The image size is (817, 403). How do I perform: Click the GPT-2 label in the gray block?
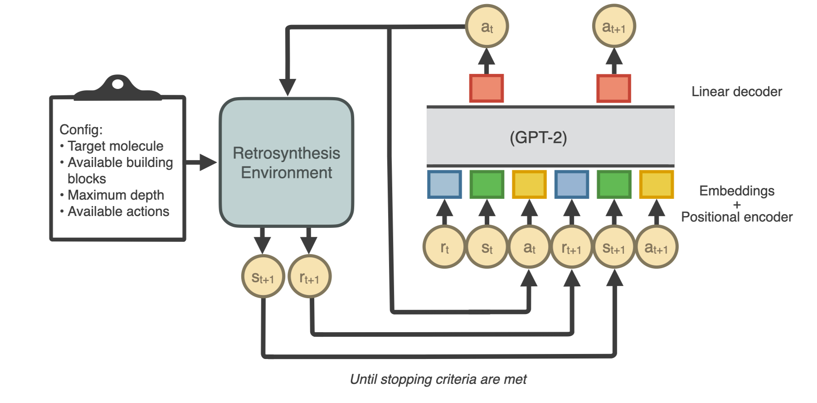click(538, 137)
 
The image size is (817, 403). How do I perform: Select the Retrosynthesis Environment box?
click(286, 162)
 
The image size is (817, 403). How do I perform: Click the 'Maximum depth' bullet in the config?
click(116, 195)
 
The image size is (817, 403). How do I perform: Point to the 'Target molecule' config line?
click(115, 146)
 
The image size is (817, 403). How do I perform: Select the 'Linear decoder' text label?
click(736, 92)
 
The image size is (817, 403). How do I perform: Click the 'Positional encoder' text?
click(736, 217)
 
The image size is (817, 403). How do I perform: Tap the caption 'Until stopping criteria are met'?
click(438, 379)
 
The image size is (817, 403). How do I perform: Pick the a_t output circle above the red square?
click(487, 27)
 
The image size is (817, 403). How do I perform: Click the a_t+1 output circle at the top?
click(614, 27)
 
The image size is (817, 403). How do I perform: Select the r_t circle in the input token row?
click(444, 247)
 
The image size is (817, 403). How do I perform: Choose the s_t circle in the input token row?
click(487, 247)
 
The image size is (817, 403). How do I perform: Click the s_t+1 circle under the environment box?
click(263, 277)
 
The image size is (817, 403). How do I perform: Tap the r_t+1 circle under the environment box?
click(309, 277)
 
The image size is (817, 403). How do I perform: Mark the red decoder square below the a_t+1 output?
click(613, 88)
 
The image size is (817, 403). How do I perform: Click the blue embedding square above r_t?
click(444, 184)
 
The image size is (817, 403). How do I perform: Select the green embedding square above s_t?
click(487, 184)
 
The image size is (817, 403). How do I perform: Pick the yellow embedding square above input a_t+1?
click(656, 184)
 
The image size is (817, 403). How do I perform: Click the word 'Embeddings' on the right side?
click(736, 191)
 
